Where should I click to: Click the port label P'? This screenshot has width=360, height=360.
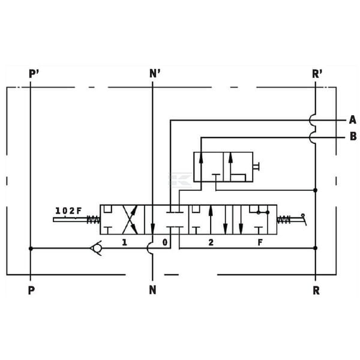(x=34, y=74)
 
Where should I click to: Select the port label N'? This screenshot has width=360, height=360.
(x=155, y=74)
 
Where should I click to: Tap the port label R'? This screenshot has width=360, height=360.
(x=317, y=74)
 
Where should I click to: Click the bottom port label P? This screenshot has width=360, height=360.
(x=31, y=290)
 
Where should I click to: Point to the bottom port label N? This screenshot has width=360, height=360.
(x=152, y=290)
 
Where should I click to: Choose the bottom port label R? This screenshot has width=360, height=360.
(x=316, y=290)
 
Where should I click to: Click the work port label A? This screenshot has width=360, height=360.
(x=352, y=120)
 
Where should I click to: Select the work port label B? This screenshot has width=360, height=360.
(x=353, y=136)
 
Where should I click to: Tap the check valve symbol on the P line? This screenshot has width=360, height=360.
(x=96, y=248)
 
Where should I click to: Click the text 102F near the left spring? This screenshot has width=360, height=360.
(x=68, y=211)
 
